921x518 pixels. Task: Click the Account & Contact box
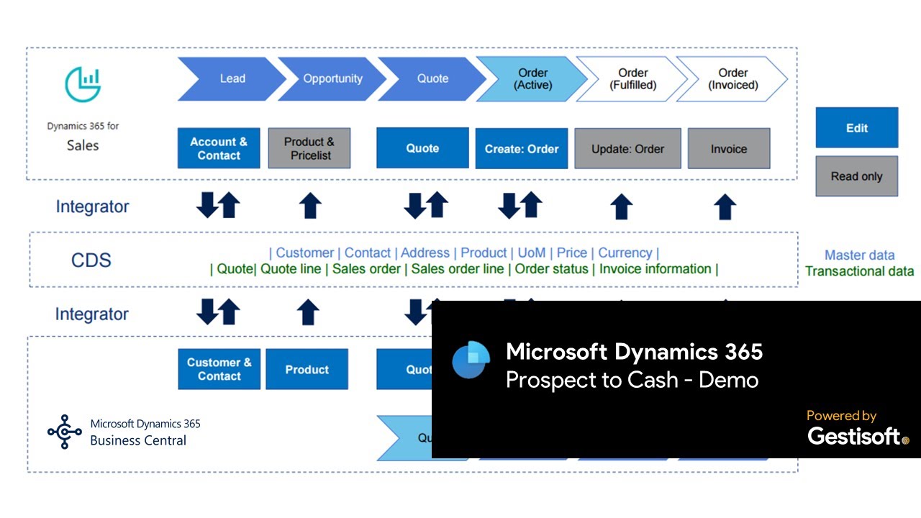pyautogui.click(x=219, y=148)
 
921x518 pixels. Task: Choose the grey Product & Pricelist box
pyautogui.click(x=309, y=148)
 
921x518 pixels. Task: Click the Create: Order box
pyautogui.click(x=522, y=149)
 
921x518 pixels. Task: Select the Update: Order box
pyautogui.click(x=627, y=149)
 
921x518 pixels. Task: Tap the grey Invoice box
pyautogui.click(x=729, y=149)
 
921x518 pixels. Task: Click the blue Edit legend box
pyautogui.click(x=856, y=128)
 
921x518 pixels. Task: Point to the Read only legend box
pyautogui.click(x=856, y=176)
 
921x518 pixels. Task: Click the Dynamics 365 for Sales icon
pyautogui.click(x=83, y=85)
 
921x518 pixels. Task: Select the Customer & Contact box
pyautogui.click(x=219, y=369)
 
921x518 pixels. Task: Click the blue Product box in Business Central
pyautogui.click(x=307, y=369)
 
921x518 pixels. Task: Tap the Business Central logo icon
pyautogui.click(x=65, y=432)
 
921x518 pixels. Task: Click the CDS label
pyautogui.click(x=91, y=260)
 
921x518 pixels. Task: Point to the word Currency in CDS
pyautogui.click(x=625, y=253)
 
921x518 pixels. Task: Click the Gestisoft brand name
pyautogui.click(x=854, y=436)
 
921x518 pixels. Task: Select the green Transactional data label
pyautogui.click(x=859, y=271)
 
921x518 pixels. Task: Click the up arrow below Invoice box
pyautogui.click(x=725, y=206)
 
